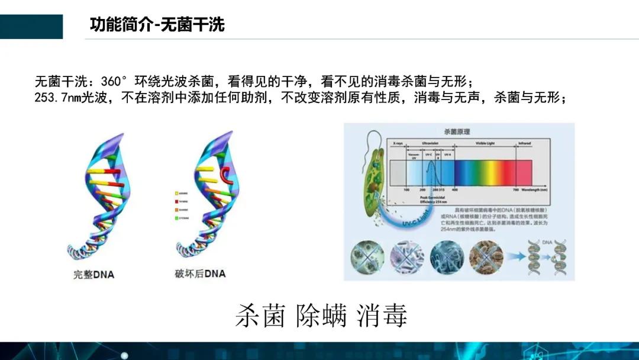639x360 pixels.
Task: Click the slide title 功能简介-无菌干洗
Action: click(157, 25)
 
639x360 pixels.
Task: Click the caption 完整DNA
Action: click(93, 274)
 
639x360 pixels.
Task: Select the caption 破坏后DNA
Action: click(200, 274)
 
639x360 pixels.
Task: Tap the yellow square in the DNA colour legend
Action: click(177, 193)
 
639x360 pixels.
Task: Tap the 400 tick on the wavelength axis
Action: click(455, 189)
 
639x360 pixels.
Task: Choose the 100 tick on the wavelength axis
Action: click(406, 189)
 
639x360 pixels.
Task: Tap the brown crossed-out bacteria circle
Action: click(486, 256)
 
